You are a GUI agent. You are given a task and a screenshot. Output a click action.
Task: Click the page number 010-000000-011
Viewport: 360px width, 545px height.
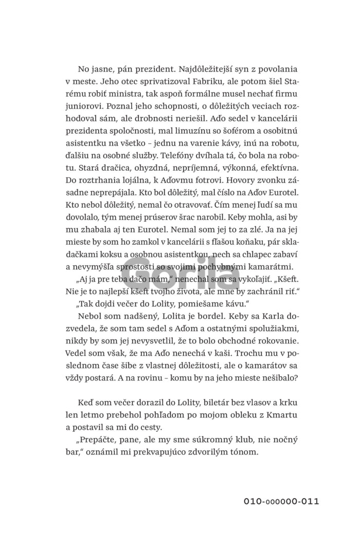pos(282,500)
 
